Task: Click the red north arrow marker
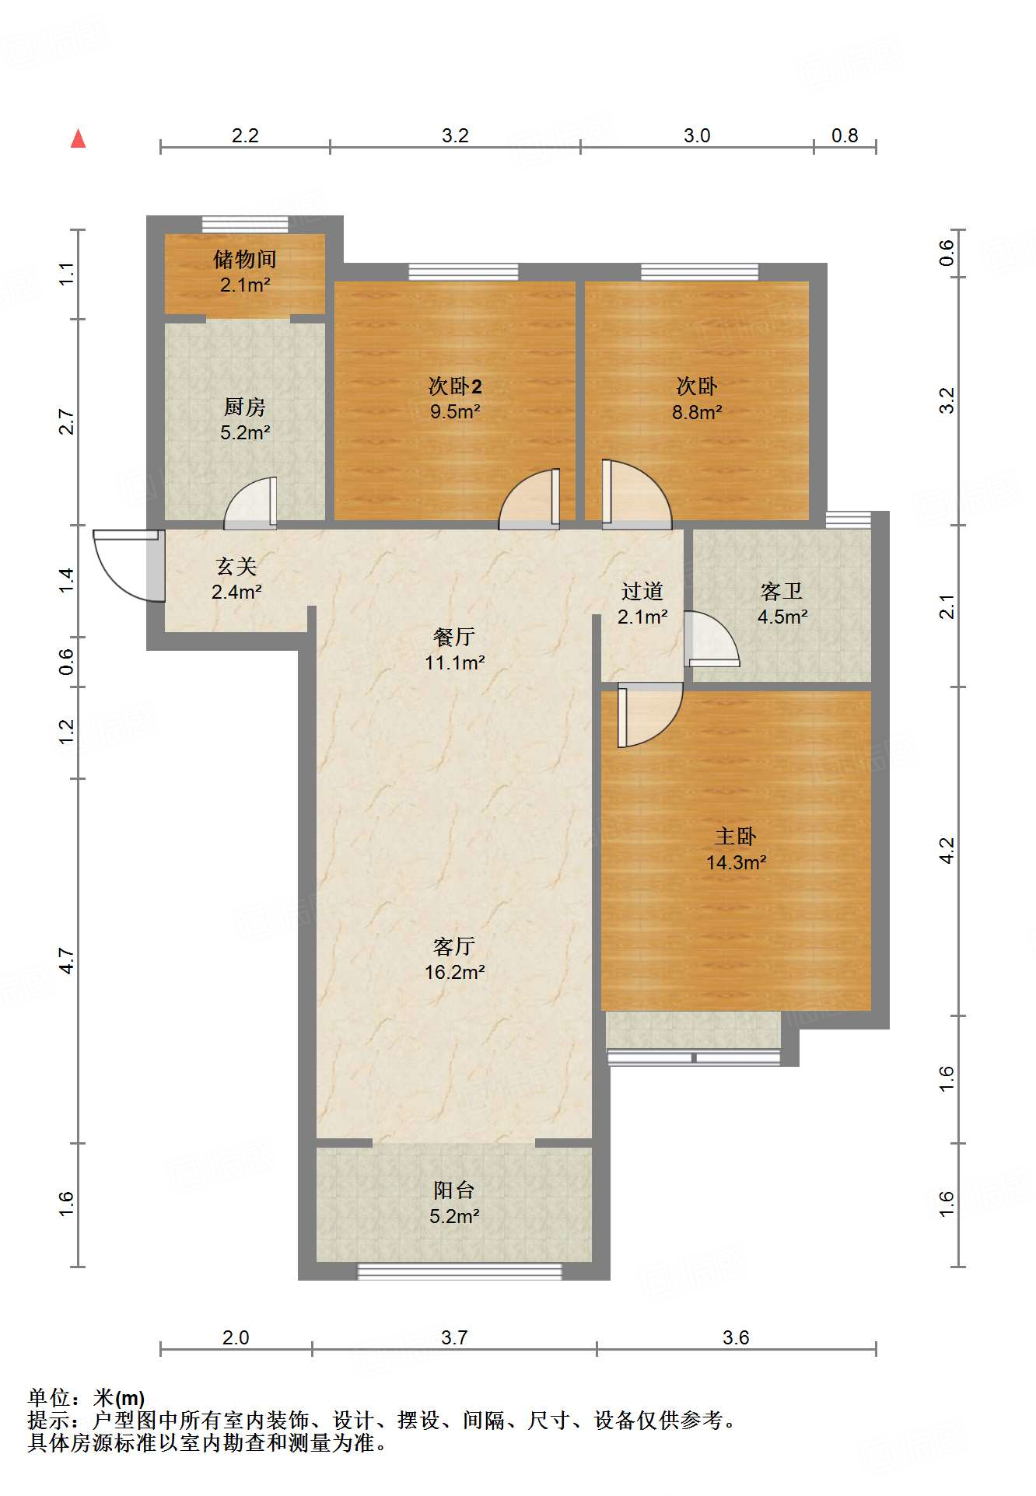click(x=78, y=139)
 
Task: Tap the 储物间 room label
click(x=245, y=260)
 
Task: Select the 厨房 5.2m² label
click(x=245, y=420)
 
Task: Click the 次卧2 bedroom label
click(x=455, y=386)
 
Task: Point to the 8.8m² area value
click(x=697, y=412)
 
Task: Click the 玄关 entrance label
click(x=236, y=567)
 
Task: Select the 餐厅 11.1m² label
click(x=455, y=650)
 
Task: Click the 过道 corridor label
click(x=642, y=592)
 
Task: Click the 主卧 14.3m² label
click(x=736, y=849)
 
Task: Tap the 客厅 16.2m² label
click(x=455, y=959)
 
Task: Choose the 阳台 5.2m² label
click(x=454, y=1203)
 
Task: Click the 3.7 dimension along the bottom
click(x=454, y=1337)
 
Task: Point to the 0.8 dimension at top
click(x=845, y=136)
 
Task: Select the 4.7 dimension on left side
click(x=67, y=961)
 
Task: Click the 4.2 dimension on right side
click(x=947, y=850)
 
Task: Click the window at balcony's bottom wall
click(x=459, y=1271)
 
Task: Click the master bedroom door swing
click(x=648, y=715)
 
